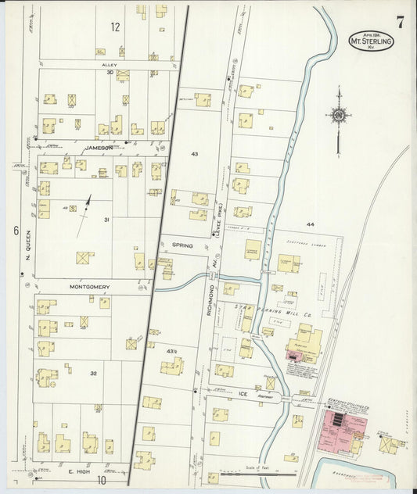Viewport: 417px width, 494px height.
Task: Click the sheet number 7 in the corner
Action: (x=400, y=22)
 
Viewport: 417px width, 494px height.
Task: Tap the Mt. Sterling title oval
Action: (x=371, y=41)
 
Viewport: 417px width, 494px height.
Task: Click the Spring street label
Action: (x=182, y=245)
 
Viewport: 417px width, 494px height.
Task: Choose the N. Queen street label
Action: (x=27, y=245)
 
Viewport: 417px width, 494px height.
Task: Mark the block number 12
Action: (x=115, y=27)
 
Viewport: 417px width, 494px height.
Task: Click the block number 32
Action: (x=93, y=374)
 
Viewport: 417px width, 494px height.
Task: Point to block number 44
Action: (x=310, y=224)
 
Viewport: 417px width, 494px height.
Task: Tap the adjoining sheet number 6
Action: (x=15, y=231)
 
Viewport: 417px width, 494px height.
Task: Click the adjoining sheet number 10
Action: (x=101, y=481)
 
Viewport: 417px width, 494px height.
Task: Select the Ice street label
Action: (x=242, y=395)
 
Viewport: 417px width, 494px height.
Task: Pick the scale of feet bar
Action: (x=258, y=473)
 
